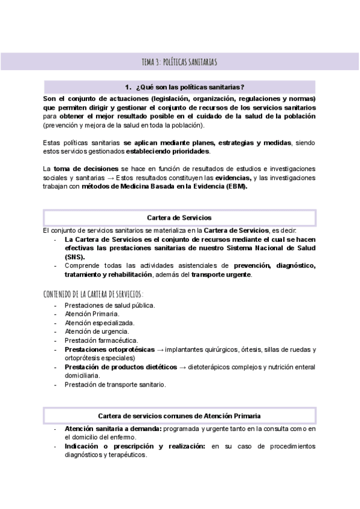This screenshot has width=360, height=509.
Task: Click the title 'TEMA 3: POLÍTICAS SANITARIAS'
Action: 179,62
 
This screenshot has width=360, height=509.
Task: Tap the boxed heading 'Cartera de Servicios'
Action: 179,217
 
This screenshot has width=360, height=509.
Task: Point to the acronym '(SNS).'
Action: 76,256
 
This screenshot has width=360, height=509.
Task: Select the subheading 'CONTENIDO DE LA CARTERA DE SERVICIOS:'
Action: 94,294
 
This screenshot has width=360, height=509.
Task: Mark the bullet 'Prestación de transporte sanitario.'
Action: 115,384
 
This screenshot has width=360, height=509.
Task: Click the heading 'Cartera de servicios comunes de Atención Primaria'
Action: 179,415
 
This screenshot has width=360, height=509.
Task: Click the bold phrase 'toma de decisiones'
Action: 81,170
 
